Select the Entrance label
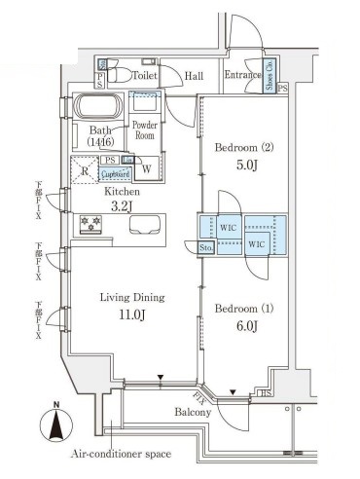coord(242,74)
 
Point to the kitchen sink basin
coord(148,227)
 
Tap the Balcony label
coord(193,413)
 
